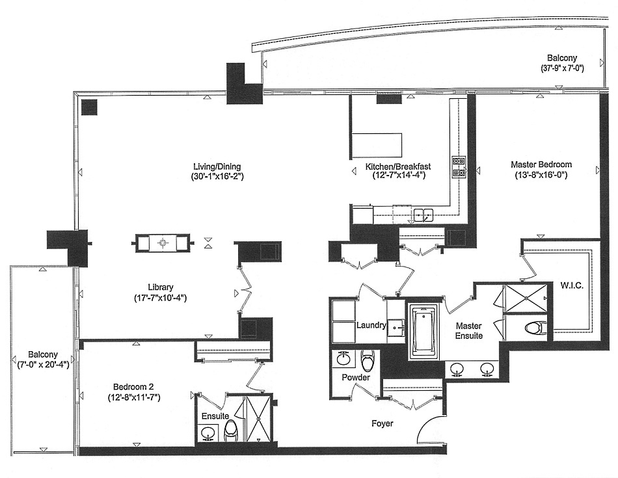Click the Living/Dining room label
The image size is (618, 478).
pyautogui.click(x=217, y=165)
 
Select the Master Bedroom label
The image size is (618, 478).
pyautogui.click(x=541, y=165)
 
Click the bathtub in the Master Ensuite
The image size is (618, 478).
pyautogui.click(x=424, y=332)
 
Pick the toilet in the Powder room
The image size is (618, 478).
pyautogui.click(x=368, y=360)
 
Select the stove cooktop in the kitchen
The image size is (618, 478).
pyautogui.click(x=459, y=166)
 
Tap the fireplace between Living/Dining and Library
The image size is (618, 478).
pyautogui.click(x=162, y=243)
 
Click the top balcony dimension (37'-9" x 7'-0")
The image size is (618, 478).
pyautogui.click(x=568, y=68)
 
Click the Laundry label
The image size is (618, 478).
pyautogui.click(x=371, y=325)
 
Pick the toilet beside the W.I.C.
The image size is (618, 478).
pyautogui.click(x=533, y=327)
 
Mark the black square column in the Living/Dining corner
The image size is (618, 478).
pyautogui.click(x=89, y=107)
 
